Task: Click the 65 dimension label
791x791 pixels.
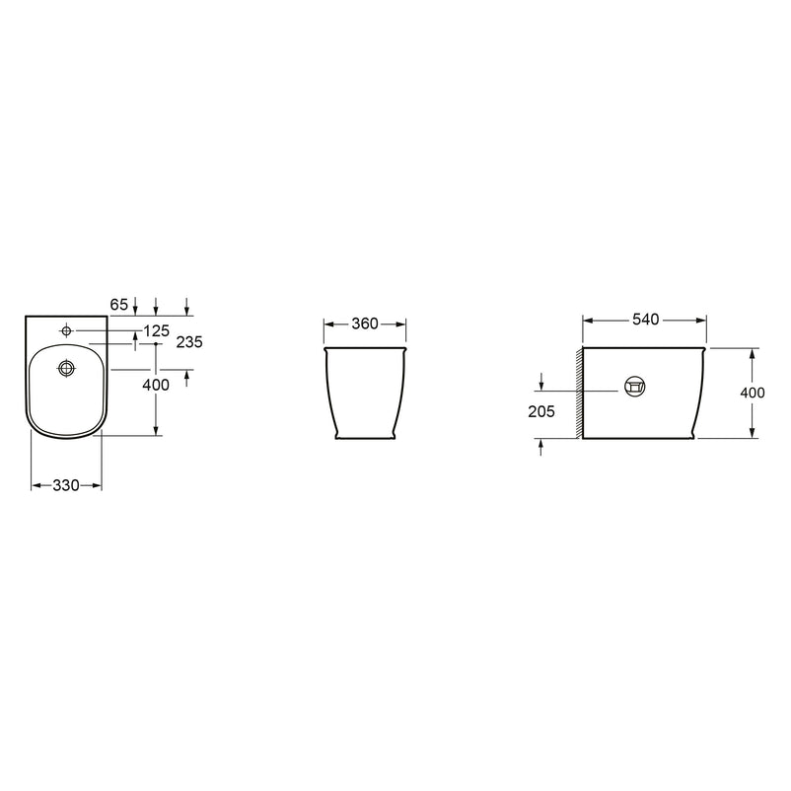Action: point(119,305)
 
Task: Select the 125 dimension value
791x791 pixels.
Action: point(157,331)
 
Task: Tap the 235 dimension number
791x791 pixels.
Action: point(189,342)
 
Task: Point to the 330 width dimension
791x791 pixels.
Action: point(66,485)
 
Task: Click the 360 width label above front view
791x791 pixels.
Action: point(365,324)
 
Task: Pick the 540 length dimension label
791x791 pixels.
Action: point(646,320)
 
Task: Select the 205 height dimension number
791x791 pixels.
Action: point(541,412)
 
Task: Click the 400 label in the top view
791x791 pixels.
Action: point(156,386)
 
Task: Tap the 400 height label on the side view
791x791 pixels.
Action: point(753,393)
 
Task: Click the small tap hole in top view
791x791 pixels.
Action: point(67,331)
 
